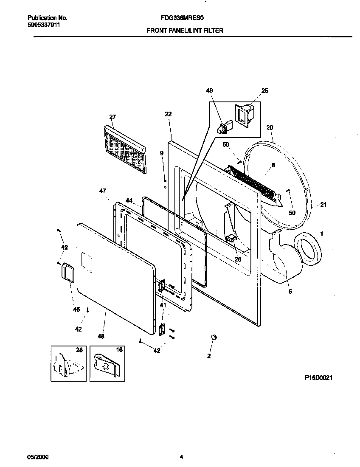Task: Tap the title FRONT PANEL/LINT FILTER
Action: pyautogui.click(x=185, y=31)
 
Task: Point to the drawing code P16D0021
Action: pyautogui.click(x=318, y=377)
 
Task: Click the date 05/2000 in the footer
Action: pyautogui.click(x=38, y=457)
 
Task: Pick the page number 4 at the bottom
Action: pyautogui.click(x=181, y=457)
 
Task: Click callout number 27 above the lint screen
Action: pyautogui.click(x=112, y=117)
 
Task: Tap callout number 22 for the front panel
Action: pyautogui.click(x=168, y=114)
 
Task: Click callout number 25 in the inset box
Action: pyautogui.click(x=265, y=91)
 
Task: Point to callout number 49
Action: pyautogui.click(x=209, y=91)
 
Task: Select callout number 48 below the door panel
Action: pyautogui.click(x=101, y=336)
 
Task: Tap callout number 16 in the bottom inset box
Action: pyautogui.click(x=119, y=350)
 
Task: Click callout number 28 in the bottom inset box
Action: pyautogui.click(x=79, y=350)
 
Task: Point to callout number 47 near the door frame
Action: pyautogui.click(x=102, y=191)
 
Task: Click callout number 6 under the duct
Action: pyautogui.click(x=290, y=292)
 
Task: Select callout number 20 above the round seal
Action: pyautogui.click(x=270, y=127)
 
